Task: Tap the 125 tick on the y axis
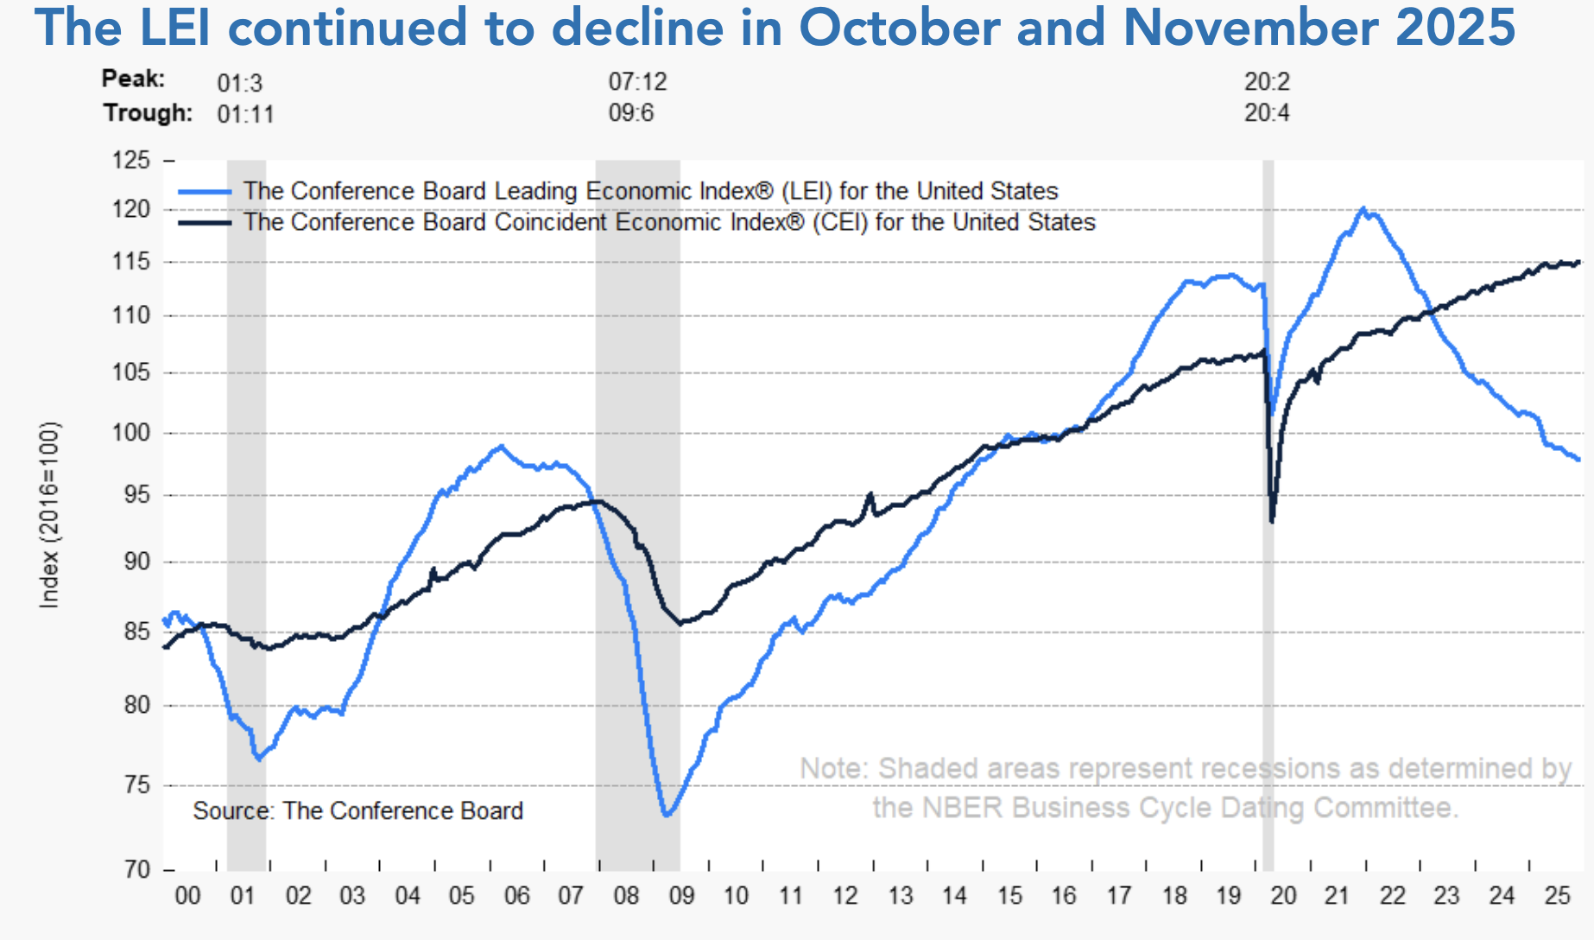[131, 161]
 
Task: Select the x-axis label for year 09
[681, 896]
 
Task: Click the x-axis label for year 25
[1557, 896]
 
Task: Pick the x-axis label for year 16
[1064, 896]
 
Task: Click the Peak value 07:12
[637, 82]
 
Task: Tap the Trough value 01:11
[245, 114]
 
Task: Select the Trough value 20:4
[1266, 113]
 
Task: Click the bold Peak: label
[133, 79]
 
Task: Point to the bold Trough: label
[148, 113]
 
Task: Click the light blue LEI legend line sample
[205, 192]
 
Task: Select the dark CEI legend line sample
[205, 223]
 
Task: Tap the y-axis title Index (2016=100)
[50, 515]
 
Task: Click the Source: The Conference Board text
[357, 810]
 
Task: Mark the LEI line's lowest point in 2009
[667, 815]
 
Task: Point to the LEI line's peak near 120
[1363, 208]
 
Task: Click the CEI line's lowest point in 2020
[1272, 522]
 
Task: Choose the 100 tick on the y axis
[131, 433]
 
